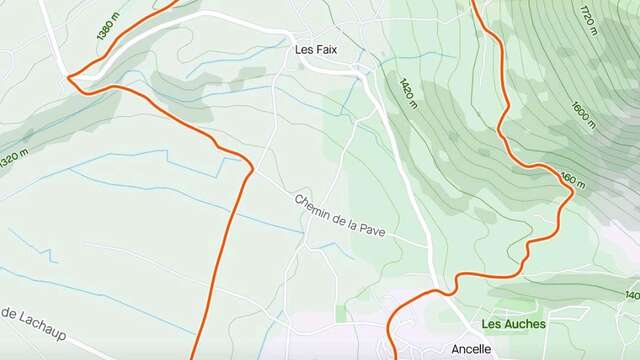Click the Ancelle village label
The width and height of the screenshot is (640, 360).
(x=471, y=349)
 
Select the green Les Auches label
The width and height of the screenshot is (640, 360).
(x=513, y=324)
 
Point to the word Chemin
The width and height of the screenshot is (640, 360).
(x=315, y=204)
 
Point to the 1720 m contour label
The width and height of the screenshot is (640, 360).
(x=587, y=18)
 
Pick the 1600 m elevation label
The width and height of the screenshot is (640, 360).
(x=583, y=116)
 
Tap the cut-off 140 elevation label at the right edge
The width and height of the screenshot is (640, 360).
(x=631, y=296)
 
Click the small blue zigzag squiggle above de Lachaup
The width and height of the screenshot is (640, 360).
(x=20, y=244)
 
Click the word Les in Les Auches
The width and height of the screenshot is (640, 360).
(x=490, y=324)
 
